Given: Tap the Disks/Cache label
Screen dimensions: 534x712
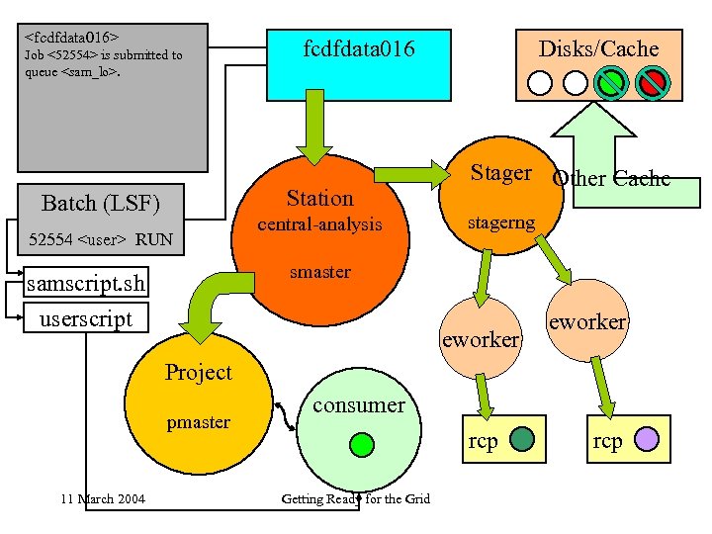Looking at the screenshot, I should (597, 48).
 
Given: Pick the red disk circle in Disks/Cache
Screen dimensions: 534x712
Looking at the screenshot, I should (651, 82).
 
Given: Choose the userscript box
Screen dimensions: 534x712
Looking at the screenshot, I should (85, 318).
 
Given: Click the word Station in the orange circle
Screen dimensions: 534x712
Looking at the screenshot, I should (319, 198).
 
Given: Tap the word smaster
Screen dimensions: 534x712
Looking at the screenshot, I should (319, 272).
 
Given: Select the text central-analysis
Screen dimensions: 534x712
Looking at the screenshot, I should (319, 224).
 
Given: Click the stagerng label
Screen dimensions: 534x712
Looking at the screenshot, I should (501, 223).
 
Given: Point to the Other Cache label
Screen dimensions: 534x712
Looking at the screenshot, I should (610, 179).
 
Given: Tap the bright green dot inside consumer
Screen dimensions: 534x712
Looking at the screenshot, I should (363, 444).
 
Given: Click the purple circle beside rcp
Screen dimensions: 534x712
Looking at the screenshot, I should (646, 439).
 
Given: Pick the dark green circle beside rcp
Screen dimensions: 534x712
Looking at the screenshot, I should (522, 439).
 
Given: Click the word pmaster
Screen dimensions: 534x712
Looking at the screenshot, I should (198, 422).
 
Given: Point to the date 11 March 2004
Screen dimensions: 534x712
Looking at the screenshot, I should (101, 498).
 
